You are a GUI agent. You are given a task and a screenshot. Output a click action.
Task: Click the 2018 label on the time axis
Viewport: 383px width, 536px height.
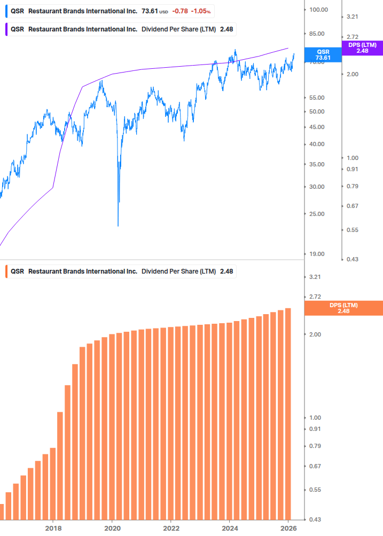click(x=53, y=529)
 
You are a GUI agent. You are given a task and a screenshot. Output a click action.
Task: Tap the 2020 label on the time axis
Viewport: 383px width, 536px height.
click(x=112, y=529)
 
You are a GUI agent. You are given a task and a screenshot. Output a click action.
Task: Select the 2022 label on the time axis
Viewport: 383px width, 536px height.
click(x=171, y=529)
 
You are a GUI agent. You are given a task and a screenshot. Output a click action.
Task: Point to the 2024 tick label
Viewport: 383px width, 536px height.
click(x=230, y=529)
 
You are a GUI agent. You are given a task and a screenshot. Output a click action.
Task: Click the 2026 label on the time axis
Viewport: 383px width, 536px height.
click(x=288, y=529)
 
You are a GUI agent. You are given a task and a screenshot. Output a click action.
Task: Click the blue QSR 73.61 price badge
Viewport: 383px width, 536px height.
click(x=323, y=54)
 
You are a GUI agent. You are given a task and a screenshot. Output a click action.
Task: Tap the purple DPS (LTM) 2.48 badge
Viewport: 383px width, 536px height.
click(x=362, y=48)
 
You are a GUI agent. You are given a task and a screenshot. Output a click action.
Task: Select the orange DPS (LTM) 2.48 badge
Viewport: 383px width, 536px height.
click(x=343, y=308)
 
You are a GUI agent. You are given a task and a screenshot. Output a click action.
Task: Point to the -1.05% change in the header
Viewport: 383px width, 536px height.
click(x=201, y=11)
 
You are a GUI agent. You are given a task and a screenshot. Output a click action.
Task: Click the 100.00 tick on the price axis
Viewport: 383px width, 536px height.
click(x=318, y=10)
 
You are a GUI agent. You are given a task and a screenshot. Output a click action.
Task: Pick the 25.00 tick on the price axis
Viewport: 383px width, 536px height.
click(x=318, y=214)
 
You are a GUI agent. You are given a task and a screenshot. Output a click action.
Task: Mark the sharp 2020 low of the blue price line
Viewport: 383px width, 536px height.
click(x=118, y=226)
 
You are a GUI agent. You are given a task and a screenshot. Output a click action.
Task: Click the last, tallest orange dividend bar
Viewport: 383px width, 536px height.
click(x=288, y=413)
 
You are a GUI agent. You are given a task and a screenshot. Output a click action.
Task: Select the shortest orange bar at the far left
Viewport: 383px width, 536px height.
click(x=2, y=511)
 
